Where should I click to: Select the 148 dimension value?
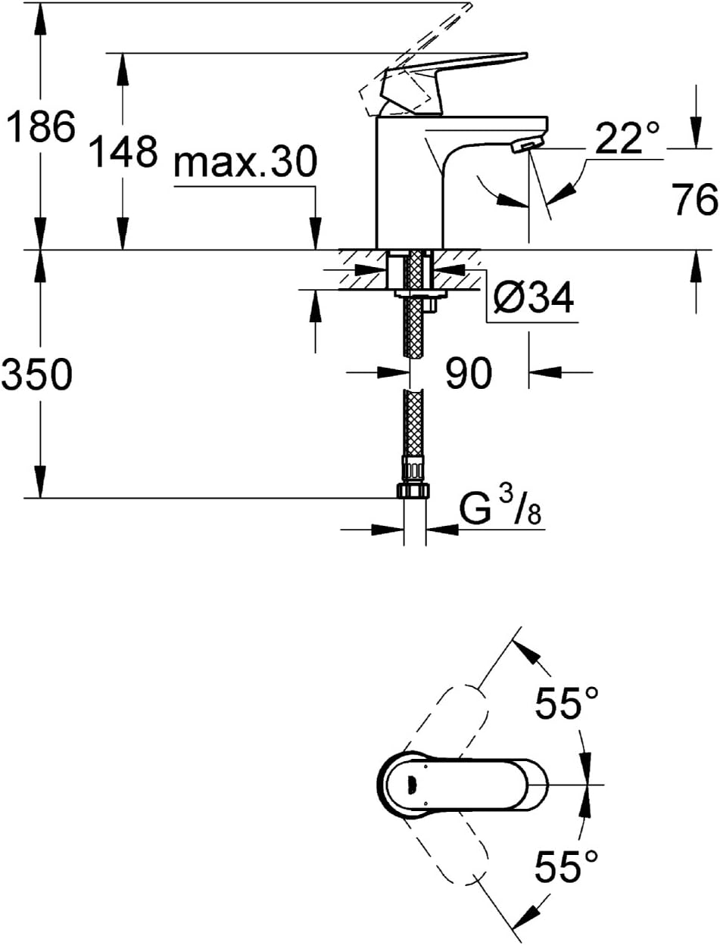(x=123, y=151)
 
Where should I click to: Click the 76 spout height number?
(x=694, y=201)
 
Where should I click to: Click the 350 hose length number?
(x=37, y=375)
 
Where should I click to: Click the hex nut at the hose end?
(x=412, y=490)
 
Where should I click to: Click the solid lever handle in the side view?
(x=454, y=76)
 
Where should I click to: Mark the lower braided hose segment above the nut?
(x=412, y=424)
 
